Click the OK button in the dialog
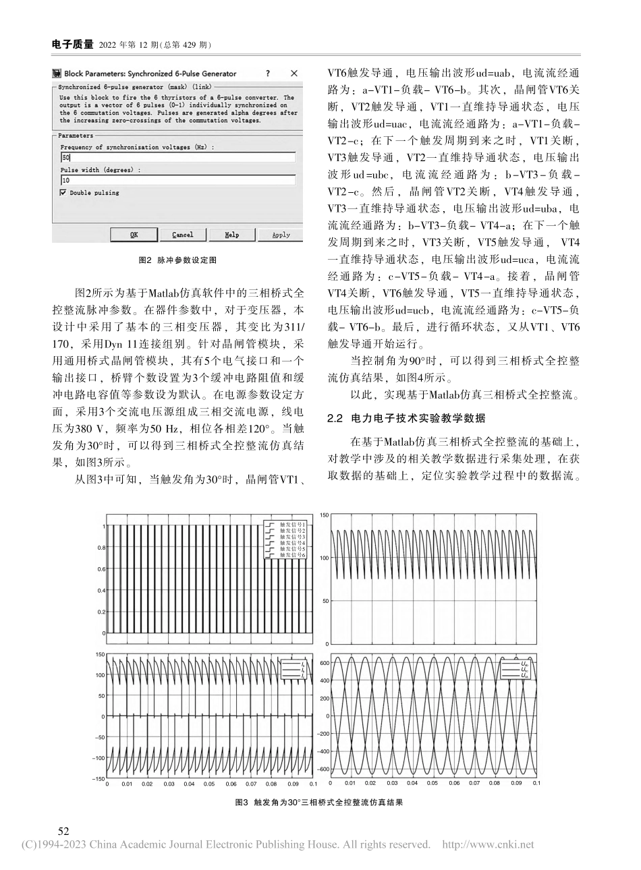(134, 235)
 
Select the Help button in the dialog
(231, 235)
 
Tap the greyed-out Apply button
(281, 235)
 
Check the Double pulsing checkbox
(63, 193)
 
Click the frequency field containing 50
(177, 157)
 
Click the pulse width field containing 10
(177, 181)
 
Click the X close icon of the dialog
(294, 73)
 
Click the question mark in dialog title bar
(268, 73)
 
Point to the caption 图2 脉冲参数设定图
(177, 260)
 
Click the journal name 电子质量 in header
(73, 45)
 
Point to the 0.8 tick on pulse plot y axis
(101, 548)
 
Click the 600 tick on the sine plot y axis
(324, 663)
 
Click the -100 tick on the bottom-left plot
(100, 758)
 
